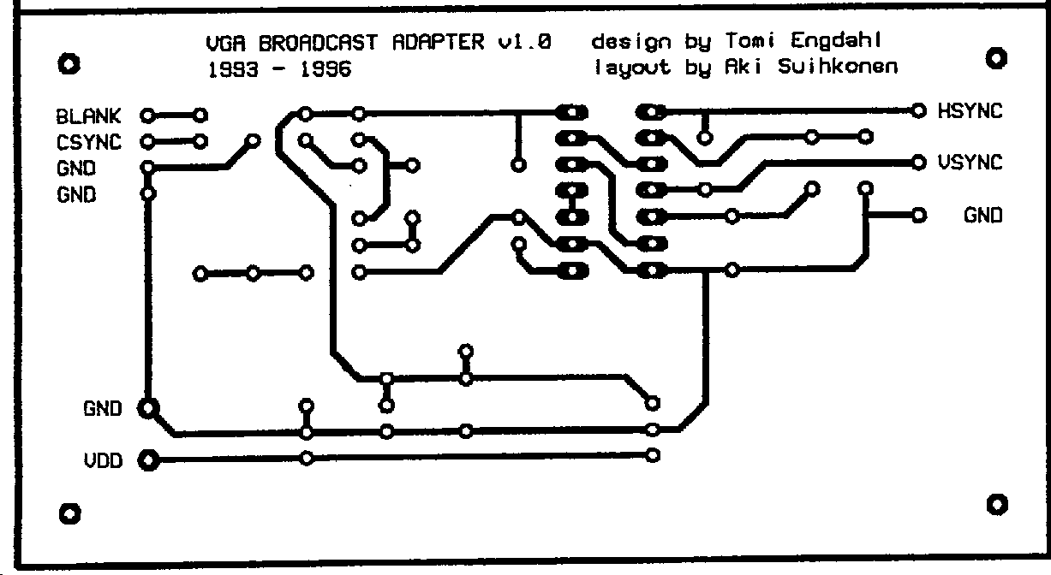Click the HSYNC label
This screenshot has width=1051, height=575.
(970, 111)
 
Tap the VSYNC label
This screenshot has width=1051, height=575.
(970, 163)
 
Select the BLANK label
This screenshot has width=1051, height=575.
(89, 116)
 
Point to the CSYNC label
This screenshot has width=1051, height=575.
(89, 142)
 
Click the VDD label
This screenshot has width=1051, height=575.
(103, 461)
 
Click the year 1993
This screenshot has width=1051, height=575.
(232, 69)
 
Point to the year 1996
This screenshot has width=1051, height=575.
(325, 69)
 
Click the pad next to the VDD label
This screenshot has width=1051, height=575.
(148, 461)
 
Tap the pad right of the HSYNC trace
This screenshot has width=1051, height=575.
(919, 110)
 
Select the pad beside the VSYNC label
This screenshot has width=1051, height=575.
(919, 162)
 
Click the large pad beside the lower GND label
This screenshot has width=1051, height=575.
(148, 408)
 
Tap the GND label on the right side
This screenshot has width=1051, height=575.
(982, 216)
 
